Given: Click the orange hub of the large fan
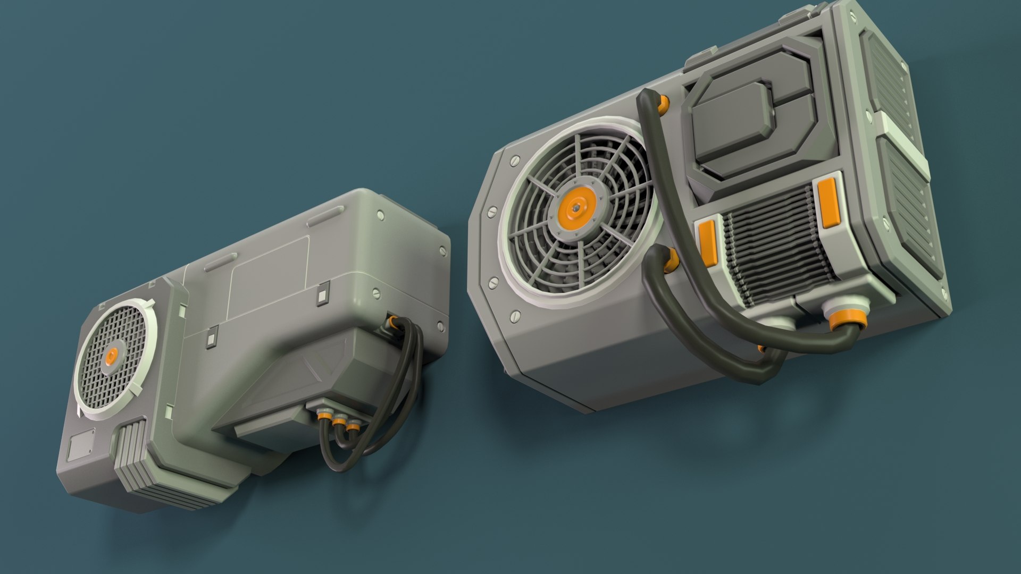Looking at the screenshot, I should pyautogui.click(x=577, y=209).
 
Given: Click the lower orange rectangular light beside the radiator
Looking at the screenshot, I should pyautogui.click(x=708, y=243).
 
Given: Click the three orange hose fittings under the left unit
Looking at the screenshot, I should pyautogui.click(x=338, y=423).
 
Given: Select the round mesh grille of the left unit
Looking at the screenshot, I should pyautogui.click(x=112, y=356).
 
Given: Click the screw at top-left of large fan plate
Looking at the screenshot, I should pyautogui.click(x=514, y=159).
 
